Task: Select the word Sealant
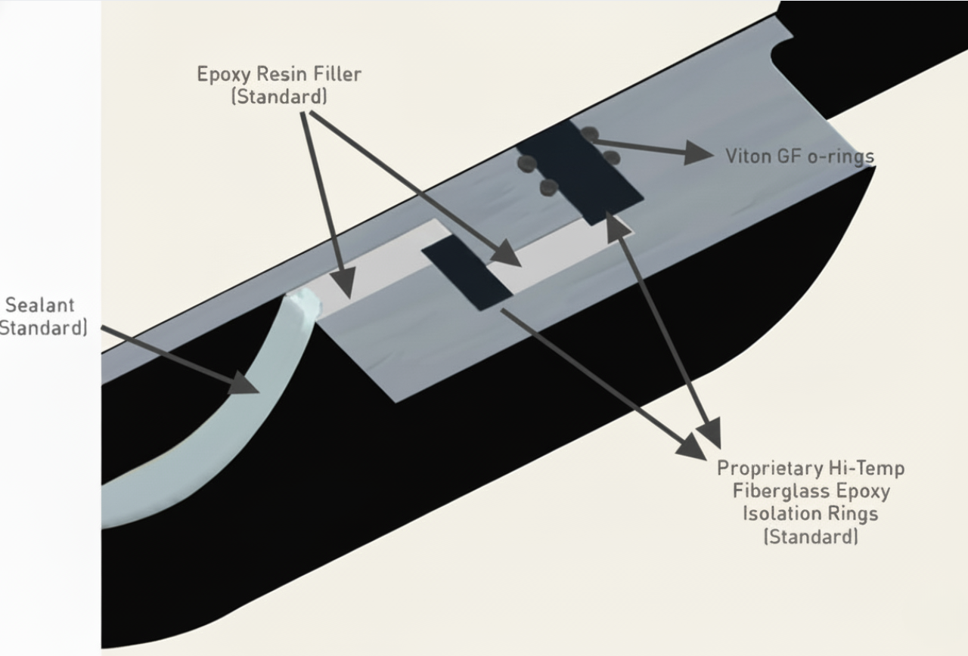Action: (x=40, y=305)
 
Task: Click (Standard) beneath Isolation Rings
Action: (x=810, y=537)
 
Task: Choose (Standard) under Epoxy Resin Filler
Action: (x=279, y=97)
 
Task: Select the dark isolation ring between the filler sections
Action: (x=467, y=273)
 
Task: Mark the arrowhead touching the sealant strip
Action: (x=243, y=381)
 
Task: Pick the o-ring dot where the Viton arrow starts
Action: (x=590, y=135)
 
